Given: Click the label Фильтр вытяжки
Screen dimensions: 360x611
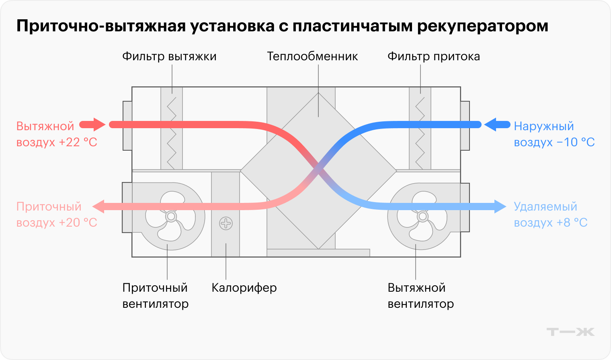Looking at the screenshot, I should [x=169, y=57].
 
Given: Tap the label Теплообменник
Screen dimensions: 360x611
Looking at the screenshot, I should [x=312, y=57].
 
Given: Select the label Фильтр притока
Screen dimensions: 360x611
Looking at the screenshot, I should [x=433, y=57].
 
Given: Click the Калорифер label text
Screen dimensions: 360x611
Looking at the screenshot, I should [x=244, y=288].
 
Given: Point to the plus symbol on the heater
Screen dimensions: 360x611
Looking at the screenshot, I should [x=226, y=223].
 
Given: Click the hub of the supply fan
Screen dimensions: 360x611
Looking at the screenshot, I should [x=171, y=217].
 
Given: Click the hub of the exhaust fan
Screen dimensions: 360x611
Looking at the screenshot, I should [x=422, y=217].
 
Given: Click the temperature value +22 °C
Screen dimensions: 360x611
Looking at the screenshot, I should [x=78, y=143].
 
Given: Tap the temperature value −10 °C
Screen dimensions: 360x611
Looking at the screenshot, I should [x=576, y=143].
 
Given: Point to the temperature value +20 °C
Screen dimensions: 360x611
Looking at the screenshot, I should [x=78, y=223].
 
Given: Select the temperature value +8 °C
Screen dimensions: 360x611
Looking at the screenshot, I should [x=572, y=223].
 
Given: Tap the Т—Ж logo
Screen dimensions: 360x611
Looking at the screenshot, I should [x=570, y=332].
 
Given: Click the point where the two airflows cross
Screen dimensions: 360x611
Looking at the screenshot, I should [x=318, y=169].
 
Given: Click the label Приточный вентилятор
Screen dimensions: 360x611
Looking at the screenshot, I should [x=155, y=296].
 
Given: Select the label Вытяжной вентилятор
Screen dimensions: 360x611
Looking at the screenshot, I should [x=420, y=296].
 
